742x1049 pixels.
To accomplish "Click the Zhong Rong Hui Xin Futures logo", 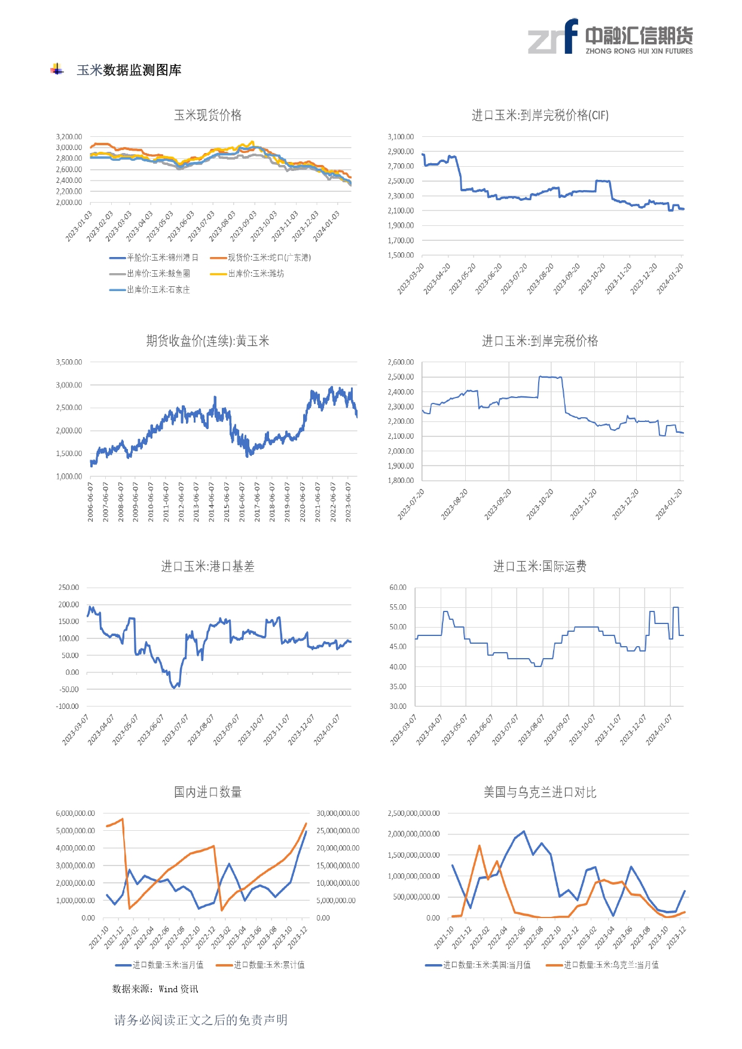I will [x=610, y=37].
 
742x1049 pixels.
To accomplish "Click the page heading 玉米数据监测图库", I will [x=129, y=70].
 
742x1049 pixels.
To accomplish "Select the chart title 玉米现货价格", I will [x=207, y=115].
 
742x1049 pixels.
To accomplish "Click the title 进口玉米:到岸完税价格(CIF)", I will [x=540, y=115].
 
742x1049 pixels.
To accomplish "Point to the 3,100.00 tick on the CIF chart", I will [x=401, y=137].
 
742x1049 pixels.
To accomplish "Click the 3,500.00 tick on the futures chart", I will [x=69, y=362].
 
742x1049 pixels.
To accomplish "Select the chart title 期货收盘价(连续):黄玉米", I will [x=207, y=341].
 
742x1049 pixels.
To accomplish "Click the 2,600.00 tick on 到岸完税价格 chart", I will [x=401, y=362].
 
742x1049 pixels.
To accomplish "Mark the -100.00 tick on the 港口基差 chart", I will [x=68, y=707].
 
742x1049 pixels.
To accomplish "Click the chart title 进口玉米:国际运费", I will [x=540, y=566].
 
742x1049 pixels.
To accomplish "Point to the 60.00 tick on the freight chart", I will [x=398, y=588].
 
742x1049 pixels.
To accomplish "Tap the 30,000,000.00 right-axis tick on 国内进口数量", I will [x=338, y=813].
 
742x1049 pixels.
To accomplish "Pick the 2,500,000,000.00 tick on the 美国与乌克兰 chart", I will [x=413, y=813].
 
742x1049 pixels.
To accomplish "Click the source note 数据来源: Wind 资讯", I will [x=155, y=989].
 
